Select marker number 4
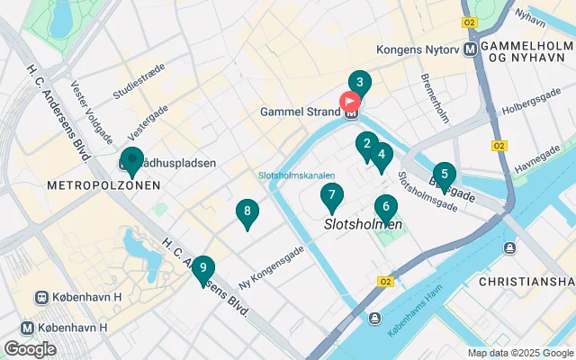click(382, 155)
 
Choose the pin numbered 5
click(444, 174)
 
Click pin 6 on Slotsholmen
click(386, 207)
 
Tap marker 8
click(247, 212)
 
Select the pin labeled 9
click(203, 268)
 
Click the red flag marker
click(349, 103)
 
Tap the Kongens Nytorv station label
click(419, 50)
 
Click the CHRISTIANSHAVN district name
click(526, 282)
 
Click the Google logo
click(30, 348)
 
